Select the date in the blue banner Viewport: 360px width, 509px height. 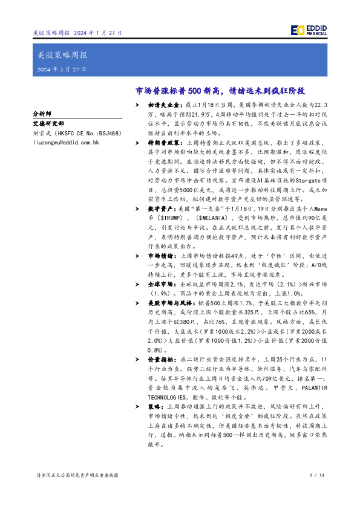[60, 70]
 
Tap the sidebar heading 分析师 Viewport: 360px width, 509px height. [42, 113]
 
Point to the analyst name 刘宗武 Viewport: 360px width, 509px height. [42, 132]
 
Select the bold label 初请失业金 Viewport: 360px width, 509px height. [165, 105]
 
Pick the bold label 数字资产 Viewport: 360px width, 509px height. [162, 206]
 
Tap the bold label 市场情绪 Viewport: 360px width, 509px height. [162, 257]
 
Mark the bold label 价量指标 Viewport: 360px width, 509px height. [162, 358]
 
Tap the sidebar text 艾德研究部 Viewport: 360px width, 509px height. [46, 122]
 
